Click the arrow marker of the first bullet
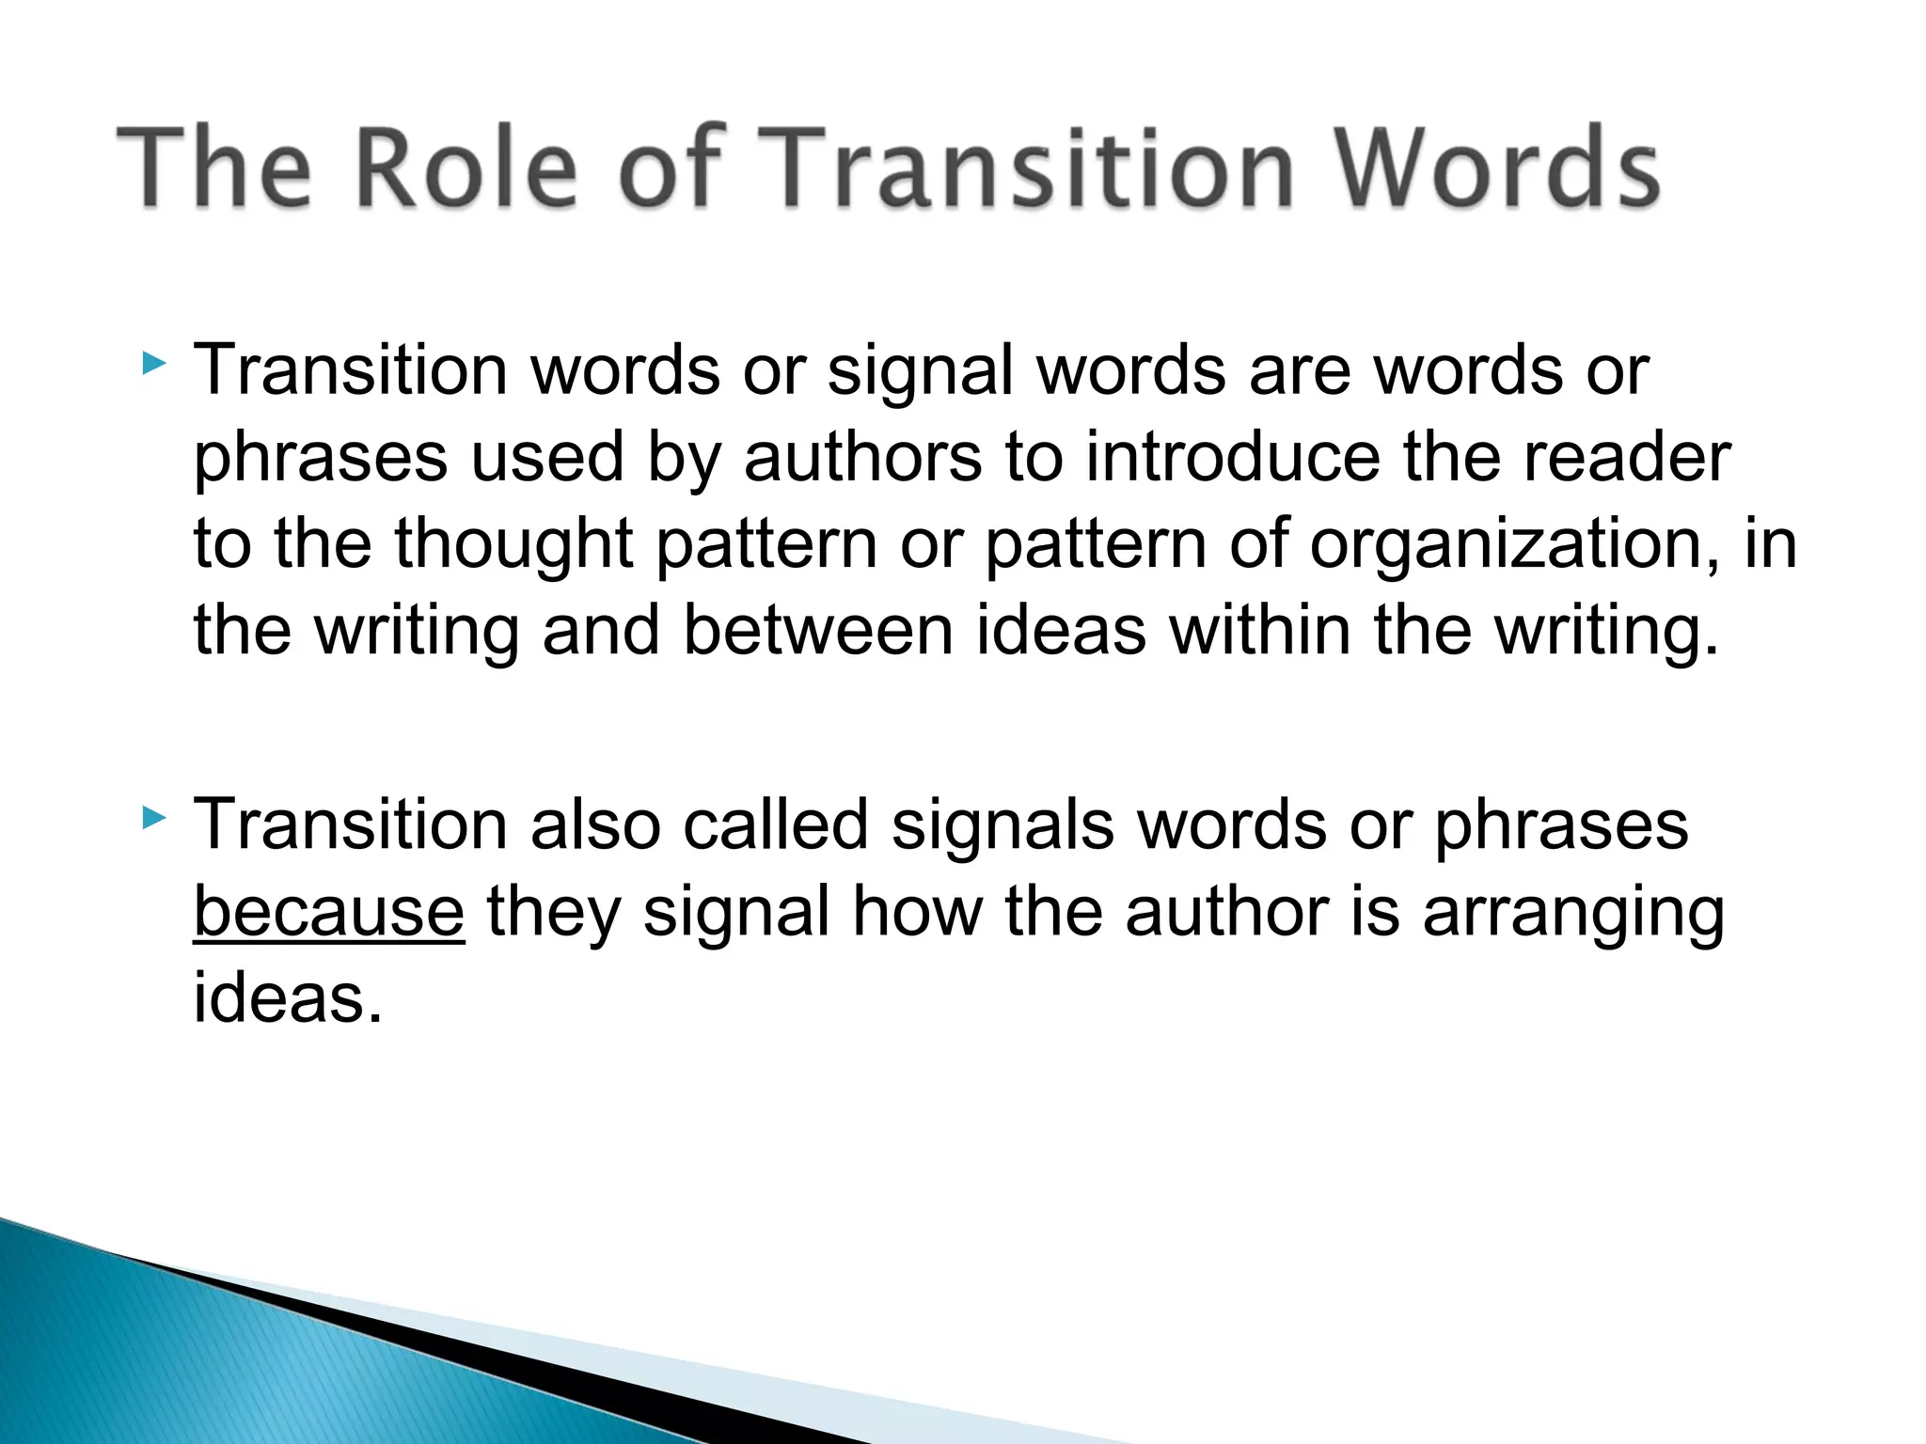(x=154, y=363)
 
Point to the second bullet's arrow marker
(x=154, y=817)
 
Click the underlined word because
(x=328, y=912)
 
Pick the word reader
(x=1626, y=458)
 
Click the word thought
(x=513, y=544)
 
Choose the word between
(x=817, y=631)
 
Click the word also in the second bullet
(x=594, y=825)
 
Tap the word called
(x=775, y=825)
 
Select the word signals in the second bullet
(x=1002, y=825)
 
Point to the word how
(x=916, y=912)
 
